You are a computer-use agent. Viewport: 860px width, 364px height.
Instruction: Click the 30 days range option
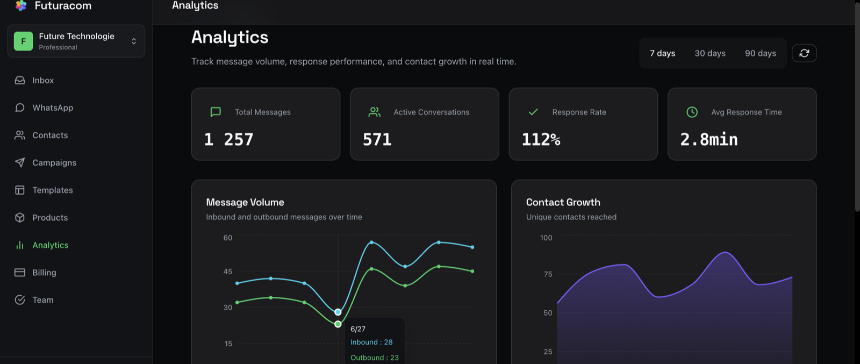(710, 53)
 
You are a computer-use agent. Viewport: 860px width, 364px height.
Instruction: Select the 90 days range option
(760, 53)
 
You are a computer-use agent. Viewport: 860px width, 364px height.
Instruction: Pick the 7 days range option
(662, 53)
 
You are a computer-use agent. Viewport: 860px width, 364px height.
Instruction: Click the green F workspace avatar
(24, 41)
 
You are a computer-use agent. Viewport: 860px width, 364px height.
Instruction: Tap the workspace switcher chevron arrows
(134, 41)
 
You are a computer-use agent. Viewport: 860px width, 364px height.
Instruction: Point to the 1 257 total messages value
(229, 139)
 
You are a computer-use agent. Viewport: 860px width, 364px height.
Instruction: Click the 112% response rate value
(541, 139)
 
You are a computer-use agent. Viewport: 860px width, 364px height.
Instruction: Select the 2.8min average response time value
(709, 139)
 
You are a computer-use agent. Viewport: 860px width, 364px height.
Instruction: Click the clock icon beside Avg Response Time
(692, 112)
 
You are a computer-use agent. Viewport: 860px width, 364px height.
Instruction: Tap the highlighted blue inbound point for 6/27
(338, 312)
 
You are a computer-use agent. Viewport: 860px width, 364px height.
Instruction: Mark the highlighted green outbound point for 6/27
(338, 324)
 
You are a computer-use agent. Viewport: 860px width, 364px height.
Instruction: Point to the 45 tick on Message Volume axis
(228, 272)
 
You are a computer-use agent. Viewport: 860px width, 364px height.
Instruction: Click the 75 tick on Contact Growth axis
(548, 274)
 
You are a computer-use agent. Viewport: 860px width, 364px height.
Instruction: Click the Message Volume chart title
(245, 202)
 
